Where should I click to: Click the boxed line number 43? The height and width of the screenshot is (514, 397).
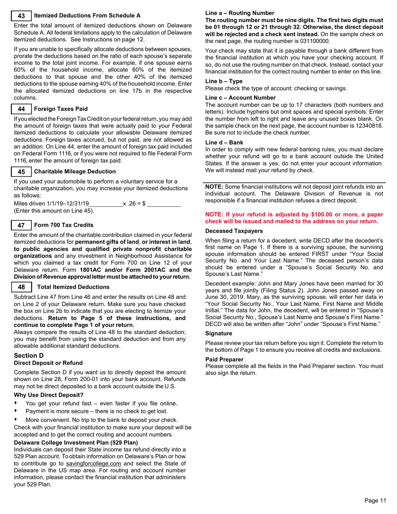[x=21, y=16]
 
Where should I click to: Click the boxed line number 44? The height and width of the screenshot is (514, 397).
[x=21, y=109]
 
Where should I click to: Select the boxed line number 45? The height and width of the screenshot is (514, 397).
[x=21, y=172]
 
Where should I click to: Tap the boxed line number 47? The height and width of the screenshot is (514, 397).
[x=21, y=225]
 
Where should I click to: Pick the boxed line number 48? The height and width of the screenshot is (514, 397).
[x=21, y=287]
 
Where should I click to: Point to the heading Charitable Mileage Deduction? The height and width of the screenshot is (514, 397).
[x=75, y=172]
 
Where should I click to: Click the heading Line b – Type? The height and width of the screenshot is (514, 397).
[x=224, y=81]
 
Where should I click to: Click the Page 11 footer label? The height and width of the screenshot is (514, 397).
[x=375, y=501]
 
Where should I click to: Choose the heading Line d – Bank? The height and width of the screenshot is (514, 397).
[x=224, y=142]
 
